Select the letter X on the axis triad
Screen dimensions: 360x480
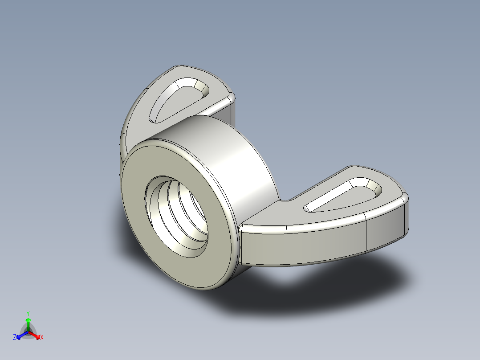42,338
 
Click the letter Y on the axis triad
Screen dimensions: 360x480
28,313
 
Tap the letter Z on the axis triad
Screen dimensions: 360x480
15,338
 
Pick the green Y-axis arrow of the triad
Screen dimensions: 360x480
28,323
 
